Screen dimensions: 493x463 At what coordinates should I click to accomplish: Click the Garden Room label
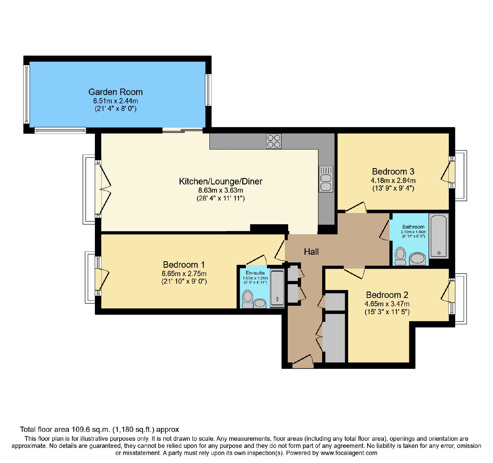coord(116,92)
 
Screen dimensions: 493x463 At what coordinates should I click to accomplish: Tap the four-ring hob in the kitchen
coord(274,141)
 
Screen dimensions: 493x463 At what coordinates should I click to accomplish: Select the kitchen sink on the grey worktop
coord(326,179)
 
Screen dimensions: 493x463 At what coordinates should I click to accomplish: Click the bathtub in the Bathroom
coord(439,236)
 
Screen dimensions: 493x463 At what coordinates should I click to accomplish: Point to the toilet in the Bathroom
coord(401,256)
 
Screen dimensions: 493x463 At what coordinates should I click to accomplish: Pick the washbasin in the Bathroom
coord(418,259)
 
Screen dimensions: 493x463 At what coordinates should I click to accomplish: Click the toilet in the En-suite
coord(247,299)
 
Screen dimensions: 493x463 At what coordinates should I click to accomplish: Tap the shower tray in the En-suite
coord(277,288)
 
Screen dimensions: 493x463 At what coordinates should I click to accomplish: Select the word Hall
coord(311,252)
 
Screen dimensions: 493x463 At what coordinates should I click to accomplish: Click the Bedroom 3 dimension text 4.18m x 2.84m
coord(393,180)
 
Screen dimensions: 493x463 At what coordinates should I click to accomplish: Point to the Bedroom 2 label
coord(387,295)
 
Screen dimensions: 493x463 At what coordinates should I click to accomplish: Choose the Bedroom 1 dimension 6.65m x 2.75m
coord(184,274)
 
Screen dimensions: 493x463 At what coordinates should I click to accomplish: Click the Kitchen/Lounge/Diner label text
coord(221,181)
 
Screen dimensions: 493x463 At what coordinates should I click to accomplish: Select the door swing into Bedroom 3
coord(356,207)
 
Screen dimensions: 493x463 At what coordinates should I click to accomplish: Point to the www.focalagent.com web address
coord(349,453)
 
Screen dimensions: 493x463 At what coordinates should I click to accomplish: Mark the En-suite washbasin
coord(260,304)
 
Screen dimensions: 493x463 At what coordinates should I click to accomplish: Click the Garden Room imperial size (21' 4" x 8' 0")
coord(116,109)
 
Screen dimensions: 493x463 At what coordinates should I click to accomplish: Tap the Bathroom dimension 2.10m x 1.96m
coord(413,232)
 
